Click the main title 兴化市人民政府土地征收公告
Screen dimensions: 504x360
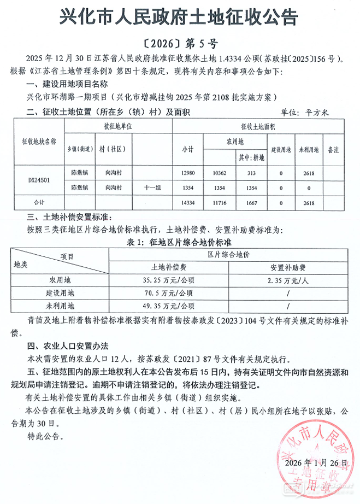[x=180, y=18]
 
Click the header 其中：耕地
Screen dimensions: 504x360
[x=251, y=158]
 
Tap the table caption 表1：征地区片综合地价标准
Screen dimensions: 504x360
[x=180, y=241]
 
